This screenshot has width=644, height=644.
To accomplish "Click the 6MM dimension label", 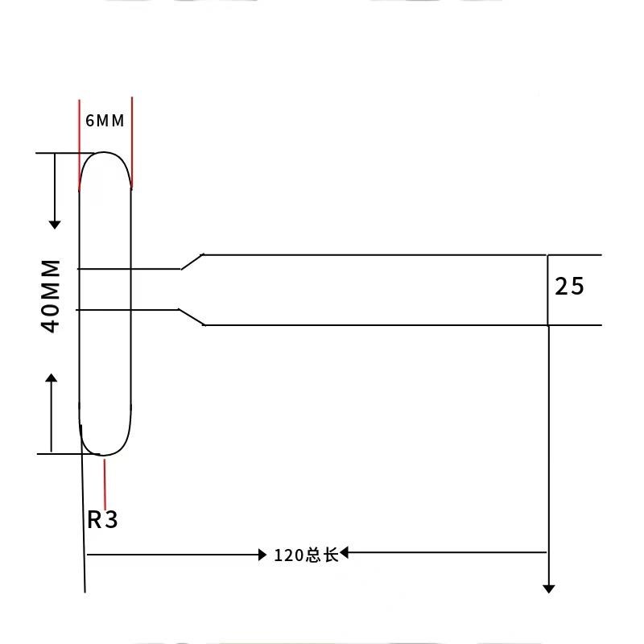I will [x=105, y=122].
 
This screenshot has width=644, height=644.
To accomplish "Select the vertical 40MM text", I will [x=52, y=296].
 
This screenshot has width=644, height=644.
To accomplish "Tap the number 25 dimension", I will [x=569, y=286].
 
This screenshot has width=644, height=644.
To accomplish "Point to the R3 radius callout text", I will [x=102, y=520].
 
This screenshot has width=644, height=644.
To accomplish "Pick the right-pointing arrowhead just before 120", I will [x=262, y=555].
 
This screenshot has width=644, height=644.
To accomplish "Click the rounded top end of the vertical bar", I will [x=105, y=153].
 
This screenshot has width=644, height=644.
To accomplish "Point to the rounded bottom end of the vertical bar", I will [x=105, y=453].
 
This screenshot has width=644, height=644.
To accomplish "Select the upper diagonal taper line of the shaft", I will [x=192, y=262].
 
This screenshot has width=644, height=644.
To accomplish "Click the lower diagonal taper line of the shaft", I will [x=192, y=316].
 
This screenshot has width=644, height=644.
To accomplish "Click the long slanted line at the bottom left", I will [x=83, y=523].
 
